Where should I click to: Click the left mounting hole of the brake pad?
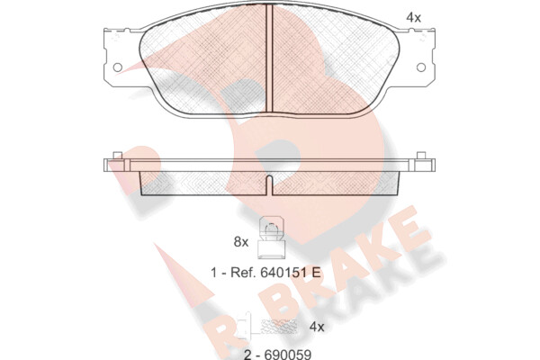point(118,67)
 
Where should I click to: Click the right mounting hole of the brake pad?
point(421,67)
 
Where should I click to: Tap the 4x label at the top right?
point(413,17)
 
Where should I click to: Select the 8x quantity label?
point(240,242)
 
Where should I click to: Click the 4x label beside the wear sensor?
point(317,326)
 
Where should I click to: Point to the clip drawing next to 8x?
point(272,238)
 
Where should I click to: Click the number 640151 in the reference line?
point(283,273)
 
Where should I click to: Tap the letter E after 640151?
point(316,273)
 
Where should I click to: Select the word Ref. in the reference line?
point(243,273)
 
